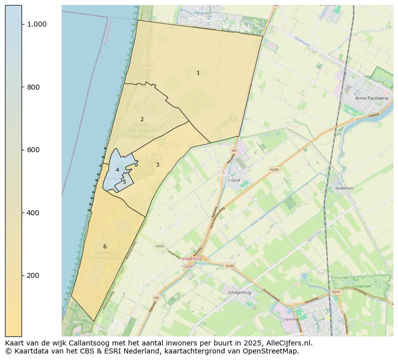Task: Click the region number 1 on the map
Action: pos(198,73)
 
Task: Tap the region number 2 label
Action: pos(142,119)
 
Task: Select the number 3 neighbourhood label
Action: pos(157,165)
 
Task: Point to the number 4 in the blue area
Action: pos(117,170)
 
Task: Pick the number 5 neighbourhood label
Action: pos(124,182)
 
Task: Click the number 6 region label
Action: pos(105,246)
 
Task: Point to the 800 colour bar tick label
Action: pos(33,87)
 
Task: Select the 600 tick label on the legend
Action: pos(33,150)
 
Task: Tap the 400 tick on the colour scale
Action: pos(33,213)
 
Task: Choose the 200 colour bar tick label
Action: pos(33,275)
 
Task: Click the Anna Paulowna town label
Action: pos(371,98)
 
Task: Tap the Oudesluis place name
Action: pos(344,188)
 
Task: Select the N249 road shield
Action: pos(274,170)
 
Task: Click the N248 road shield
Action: pos(230,266)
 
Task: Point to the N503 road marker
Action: pos(160,246)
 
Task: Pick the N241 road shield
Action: pos(336,292)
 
